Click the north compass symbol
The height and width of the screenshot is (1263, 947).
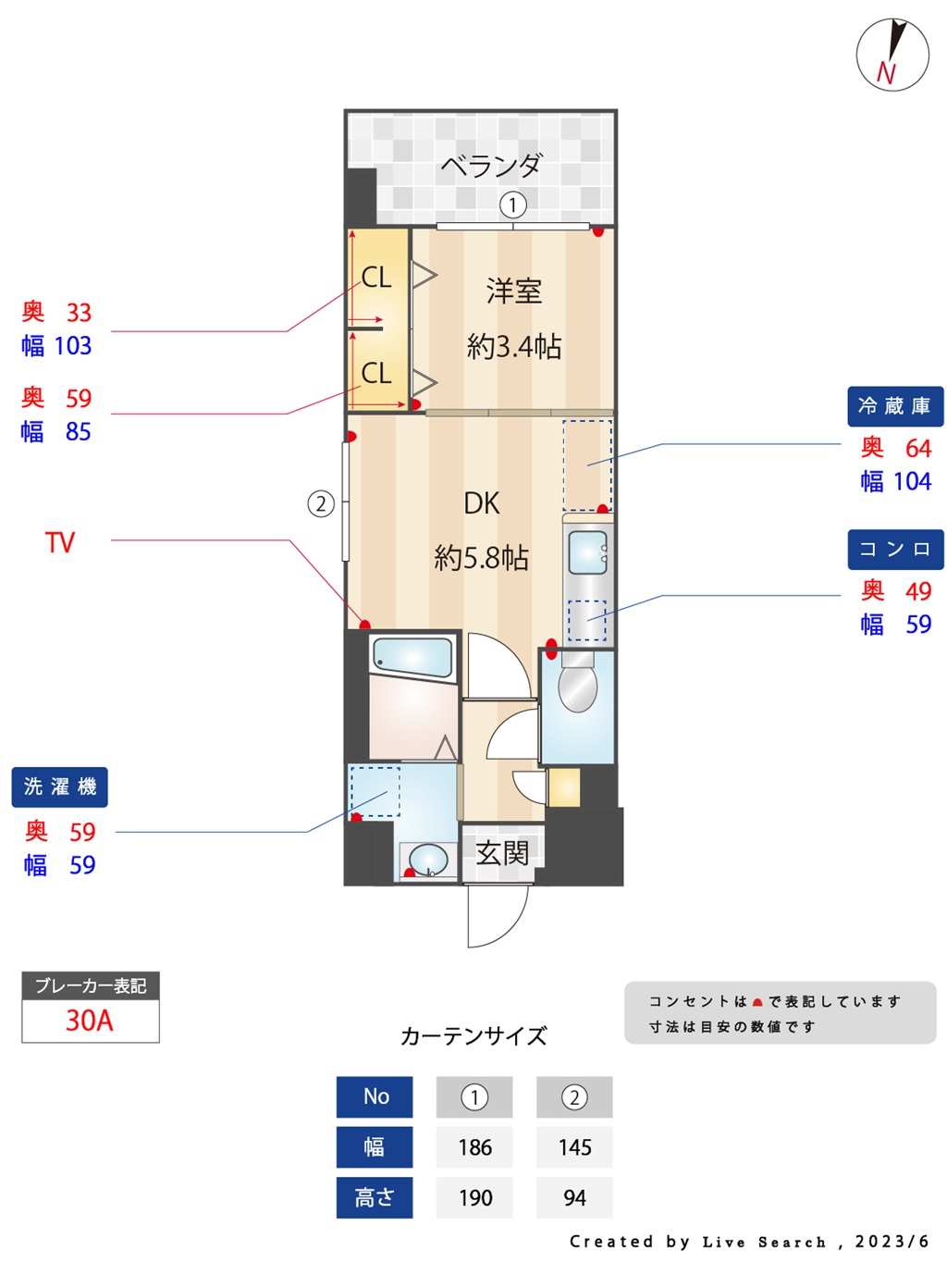[x=892, y=55]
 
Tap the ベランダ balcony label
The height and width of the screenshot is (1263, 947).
[x=490, y=166]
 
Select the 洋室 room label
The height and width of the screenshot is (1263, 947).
[x=513, y=291]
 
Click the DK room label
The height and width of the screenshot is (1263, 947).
[x=481, y=503]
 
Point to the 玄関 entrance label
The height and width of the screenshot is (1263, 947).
[x=502, y=853]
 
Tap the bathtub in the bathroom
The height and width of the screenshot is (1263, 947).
[x=412, y=657]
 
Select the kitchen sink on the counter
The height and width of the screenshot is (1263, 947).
[x=587, y=551]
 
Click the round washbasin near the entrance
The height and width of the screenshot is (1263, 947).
[x=427, y=861]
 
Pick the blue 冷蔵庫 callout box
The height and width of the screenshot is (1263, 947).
[x=894, y=406]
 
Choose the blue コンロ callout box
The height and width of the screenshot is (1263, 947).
[x=895, y=550]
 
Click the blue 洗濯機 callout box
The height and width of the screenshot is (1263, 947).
[x=59, y=786]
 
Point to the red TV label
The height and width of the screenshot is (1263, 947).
[x=60, y=542]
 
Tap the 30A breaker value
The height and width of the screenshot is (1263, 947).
[x=89, y=1021]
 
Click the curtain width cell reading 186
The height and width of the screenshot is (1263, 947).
[x=474, y=1146]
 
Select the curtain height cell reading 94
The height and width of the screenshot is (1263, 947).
[x=574, y=1197]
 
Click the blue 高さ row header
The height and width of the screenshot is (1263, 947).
[x=375, y=1197]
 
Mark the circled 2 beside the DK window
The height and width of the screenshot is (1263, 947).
[x=321, y=504]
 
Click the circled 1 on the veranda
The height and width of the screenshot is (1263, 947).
[x=513, y=204]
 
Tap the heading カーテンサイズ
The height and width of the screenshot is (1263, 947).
[x=473, y=1035]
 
